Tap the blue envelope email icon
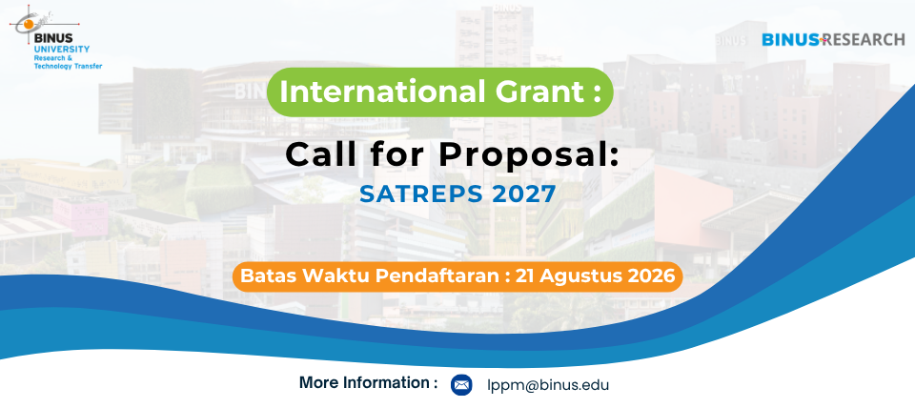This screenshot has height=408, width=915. coord(461,385)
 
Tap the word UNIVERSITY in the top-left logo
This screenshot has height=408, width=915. coord(62,49)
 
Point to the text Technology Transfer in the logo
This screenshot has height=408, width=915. coord(68,67)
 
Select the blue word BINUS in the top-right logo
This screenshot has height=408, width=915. coord(791,40)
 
